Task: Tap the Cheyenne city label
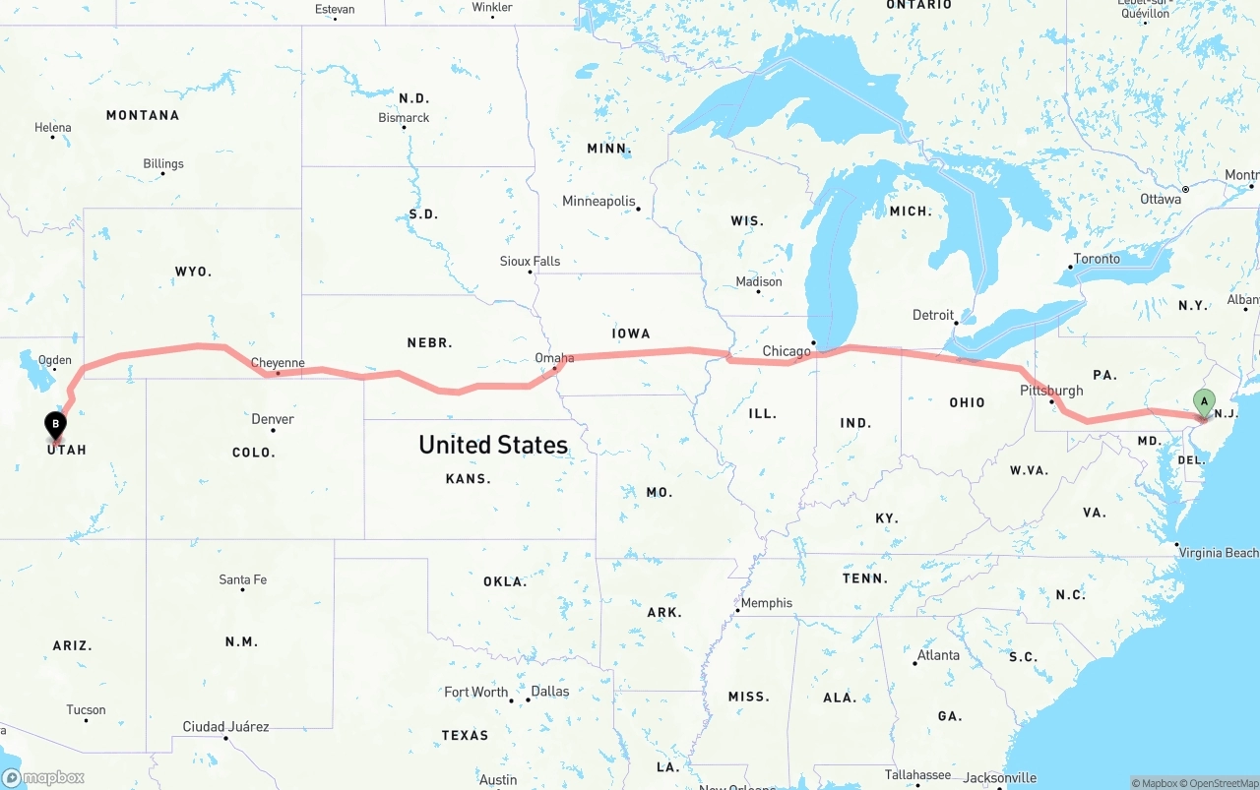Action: pyautogui.click(x=278, y=363)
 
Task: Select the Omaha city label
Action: pyautogui.click(x=554, y=358)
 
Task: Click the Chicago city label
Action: pyautogui.click(x=787, y=351)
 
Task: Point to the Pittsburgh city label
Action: pyautogui.click(x=1051, y=391)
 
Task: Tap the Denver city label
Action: pyautogui.click(x=273, y=419)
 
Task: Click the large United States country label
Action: pyautogui.click(x=493, y=445)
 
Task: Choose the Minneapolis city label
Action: pyautogui.click(x=598, y=202)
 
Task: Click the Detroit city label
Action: pyautogui.click(x=933, y=315)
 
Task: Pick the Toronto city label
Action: pyautogui.click(x=1097, y=259)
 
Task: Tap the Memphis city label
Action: pyautogui.click(x=766, y=603)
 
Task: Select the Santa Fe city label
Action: pyautogui.click(x=242, y=579)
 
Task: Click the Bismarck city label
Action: pyautogui.click(x=404, y=118)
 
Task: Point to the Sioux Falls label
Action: pyautogui.click(x=530, y=261)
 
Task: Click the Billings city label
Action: pyautogui.click(x=163, y=164)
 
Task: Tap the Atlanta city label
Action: pyautogui.click(x=938, y=655)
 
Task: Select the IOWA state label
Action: pyautogui.click(x=631, y=334)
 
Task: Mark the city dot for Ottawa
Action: pyautogui.click(x=1185, y=189)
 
